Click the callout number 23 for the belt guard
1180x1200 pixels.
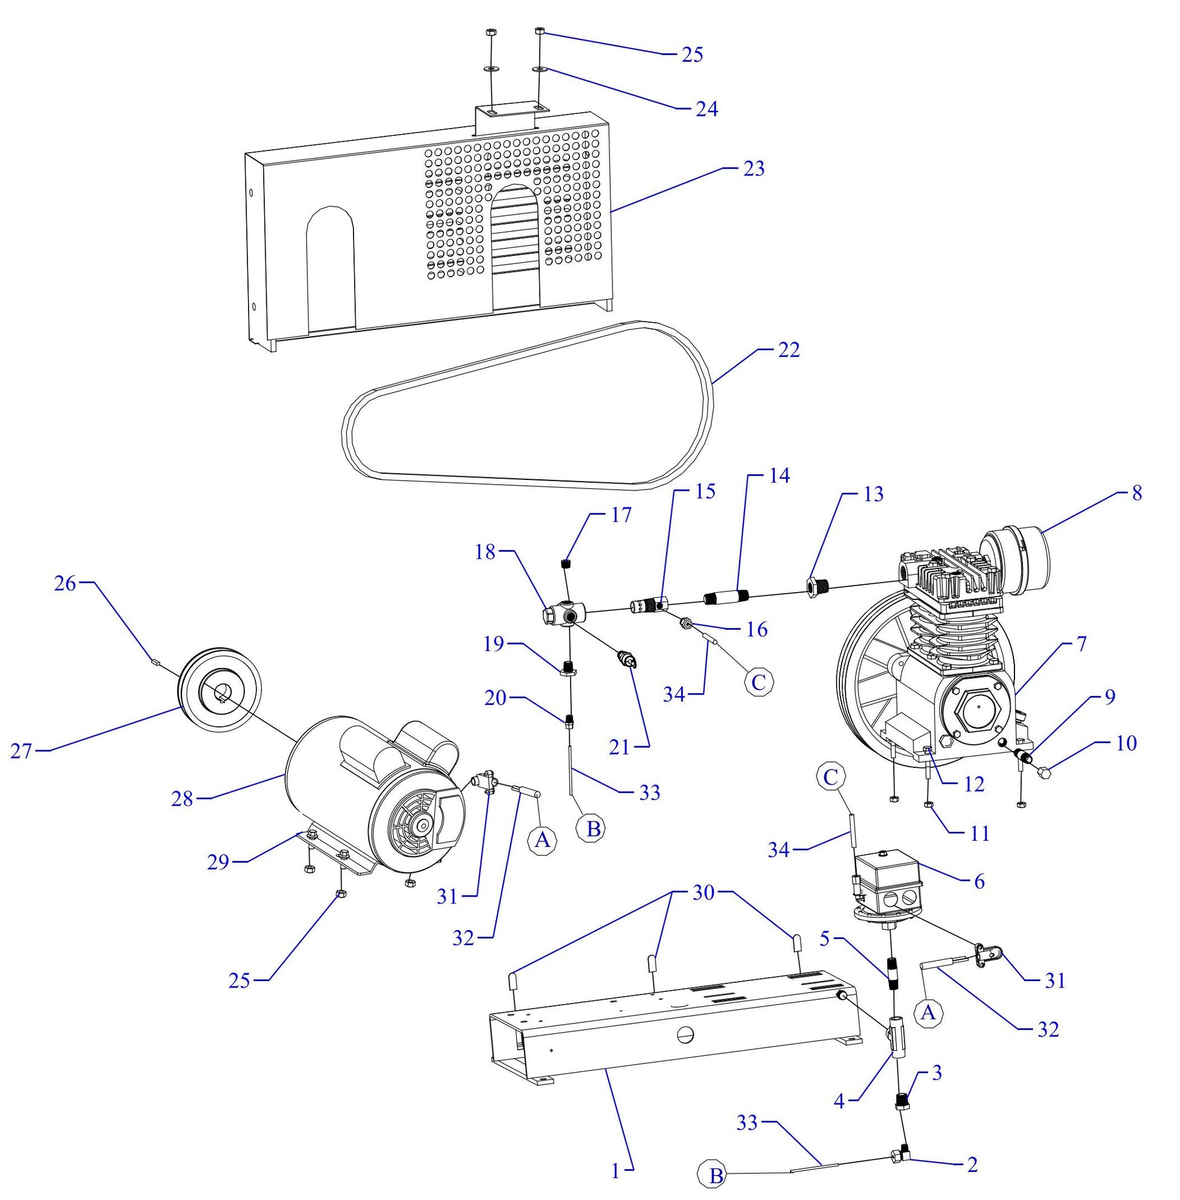[754, 169]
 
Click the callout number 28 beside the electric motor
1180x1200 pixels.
[182, 800]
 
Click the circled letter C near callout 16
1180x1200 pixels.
[758, 682]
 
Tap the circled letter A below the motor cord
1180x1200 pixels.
[541, 840]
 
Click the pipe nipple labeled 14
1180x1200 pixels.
[727, 597]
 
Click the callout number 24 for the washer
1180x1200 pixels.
[706, 109]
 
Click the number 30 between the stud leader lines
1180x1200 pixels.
[703, 893]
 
